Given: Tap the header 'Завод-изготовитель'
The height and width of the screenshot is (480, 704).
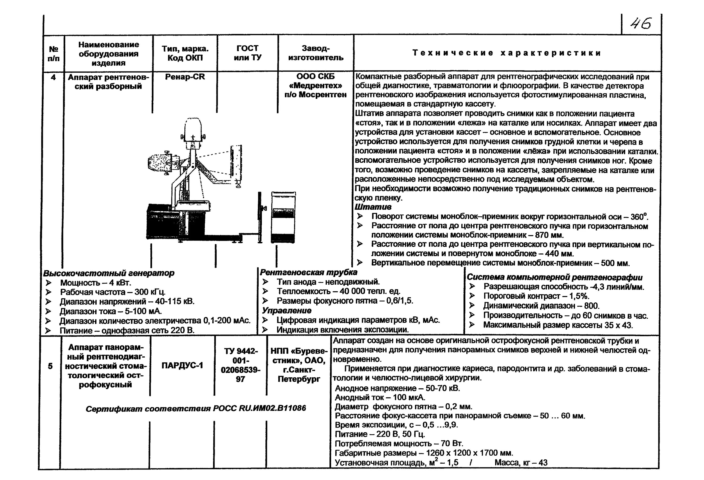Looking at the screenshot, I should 316,53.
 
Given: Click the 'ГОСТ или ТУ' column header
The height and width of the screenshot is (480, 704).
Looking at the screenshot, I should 248,53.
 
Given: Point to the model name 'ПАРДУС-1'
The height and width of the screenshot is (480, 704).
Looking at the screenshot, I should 182,365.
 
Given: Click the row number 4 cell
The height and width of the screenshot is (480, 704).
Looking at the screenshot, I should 53,78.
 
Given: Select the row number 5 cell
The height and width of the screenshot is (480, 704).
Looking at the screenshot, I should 50,366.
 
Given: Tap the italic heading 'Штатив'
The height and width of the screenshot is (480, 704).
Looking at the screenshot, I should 373,207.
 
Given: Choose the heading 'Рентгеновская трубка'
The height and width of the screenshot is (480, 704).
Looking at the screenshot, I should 309,272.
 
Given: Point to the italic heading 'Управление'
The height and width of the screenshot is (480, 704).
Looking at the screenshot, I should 287,311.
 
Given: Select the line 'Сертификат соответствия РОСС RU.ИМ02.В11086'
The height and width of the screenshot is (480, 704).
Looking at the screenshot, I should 196,409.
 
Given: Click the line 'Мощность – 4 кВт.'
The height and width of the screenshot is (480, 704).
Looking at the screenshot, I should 96,283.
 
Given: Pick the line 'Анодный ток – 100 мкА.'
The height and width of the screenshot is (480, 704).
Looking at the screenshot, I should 380,397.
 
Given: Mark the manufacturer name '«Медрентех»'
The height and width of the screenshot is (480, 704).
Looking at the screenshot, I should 315,86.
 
